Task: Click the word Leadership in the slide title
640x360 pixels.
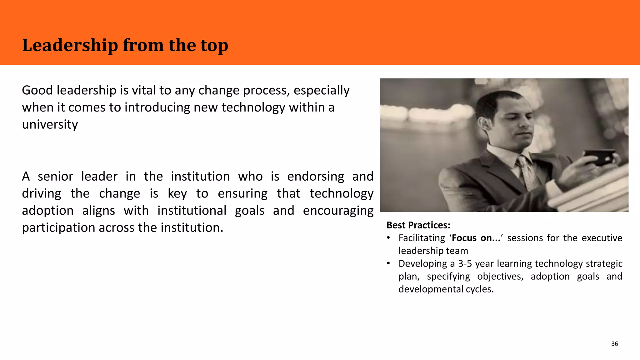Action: (x=70, y=46)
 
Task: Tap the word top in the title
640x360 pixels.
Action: (x=214, y=46)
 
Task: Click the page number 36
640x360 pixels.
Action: (x=614, y=344)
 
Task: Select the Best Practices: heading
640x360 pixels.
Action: (x=418, y=225)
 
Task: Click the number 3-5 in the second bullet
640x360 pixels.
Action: (x=465, y=264)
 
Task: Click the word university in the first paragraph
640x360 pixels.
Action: (x=50, y=124)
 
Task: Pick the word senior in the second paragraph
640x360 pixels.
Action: (x=55, y=177)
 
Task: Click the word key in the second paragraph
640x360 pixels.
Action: (x=177, y=194)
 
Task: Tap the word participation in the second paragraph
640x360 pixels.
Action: (x=58, y=228)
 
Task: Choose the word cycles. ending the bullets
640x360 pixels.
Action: (x=480, y=289)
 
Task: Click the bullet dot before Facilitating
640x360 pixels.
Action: (x=388, y=238)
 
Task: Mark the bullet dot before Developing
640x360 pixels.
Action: (x=388, y=264)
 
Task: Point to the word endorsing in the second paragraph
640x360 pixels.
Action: (x=316, y=177)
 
